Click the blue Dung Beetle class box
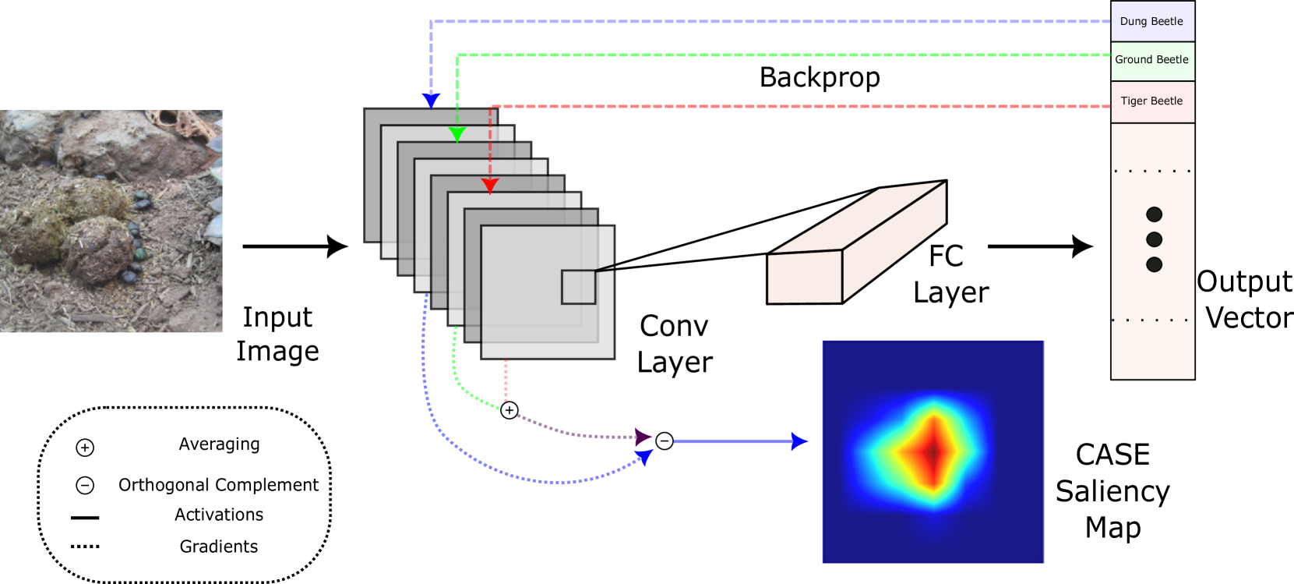[x=1152, y=21]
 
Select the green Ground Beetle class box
[x=1152, y=61]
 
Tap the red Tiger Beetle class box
[x=1152, y=101]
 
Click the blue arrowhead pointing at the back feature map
[x=431, y=101]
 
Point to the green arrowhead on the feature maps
[x=457, y=134]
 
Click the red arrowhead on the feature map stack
[x=490, y=186]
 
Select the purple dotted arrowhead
[x=643, y=437]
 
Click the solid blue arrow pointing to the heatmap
[x=740, y=441]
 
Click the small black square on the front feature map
[x=579, y=287]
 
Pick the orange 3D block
[x=857, y=246]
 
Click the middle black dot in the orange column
[x=1155, y=239]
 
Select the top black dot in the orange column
[x=1155, y=214]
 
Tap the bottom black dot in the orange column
[x=1155, y=265]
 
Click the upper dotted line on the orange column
[x=1152, y=171]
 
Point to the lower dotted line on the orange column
[x=1152, y=320]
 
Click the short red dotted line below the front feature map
[x=506, y=380]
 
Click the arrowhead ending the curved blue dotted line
[x=645, y=458]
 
